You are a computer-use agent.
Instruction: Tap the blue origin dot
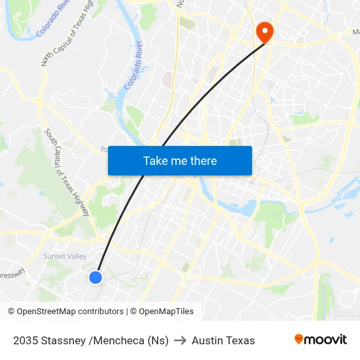[x=96, y=278]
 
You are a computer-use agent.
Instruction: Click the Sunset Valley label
[x=65, y=256]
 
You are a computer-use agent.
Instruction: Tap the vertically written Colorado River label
[x=134, y=65]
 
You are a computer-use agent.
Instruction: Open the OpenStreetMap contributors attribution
[x=70, y=312]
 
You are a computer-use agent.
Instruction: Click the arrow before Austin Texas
[x=180, y=340]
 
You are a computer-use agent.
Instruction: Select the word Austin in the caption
[x=206, y=340]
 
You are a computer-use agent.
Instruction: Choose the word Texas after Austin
[x=240, y=340]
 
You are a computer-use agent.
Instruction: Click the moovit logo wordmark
[x=325, y=339]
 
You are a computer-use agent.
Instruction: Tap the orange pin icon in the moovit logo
[x=299, y=339]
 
